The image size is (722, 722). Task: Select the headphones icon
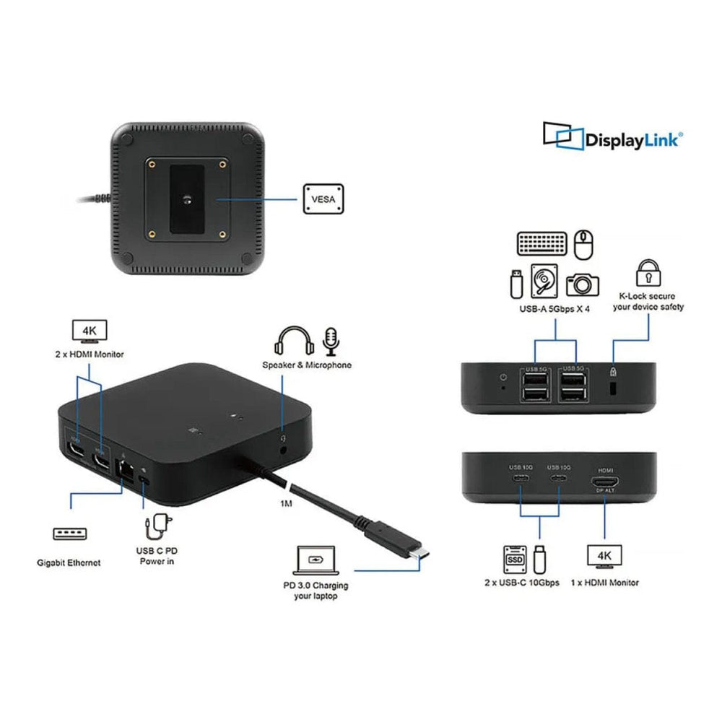pyautogui.click(x=292, y=341)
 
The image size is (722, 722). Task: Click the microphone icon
pyautogui.click(x=331, y=341)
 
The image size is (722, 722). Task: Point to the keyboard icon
pyautogui.click(x=541, y=243)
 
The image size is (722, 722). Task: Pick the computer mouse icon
pyautogui.click(x=583, y=244)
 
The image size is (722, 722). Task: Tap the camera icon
pyautogui.click(x=582, y=283)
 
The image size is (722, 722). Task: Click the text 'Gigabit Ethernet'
pyautogui.click(x=69, y=562)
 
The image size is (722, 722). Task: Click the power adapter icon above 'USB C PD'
pyautogui.click(x=154, y=529)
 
